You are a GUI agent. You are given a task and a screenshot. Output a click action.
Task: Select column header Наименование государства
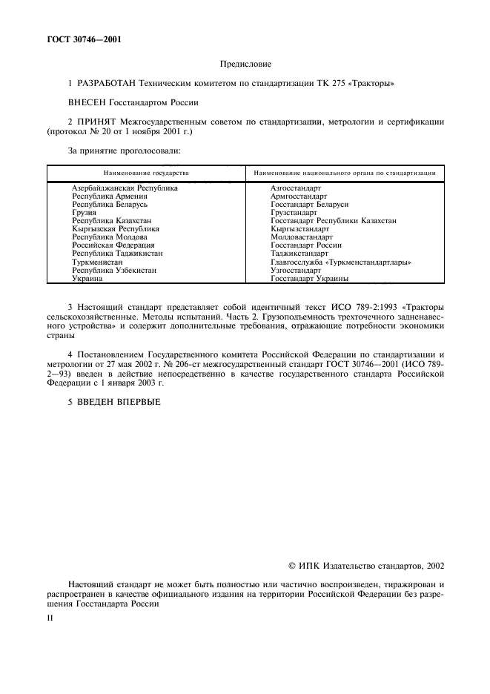click(x=146, y=173)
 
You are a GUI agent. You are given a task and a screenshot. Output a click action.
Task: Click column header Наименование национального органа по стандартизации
click(x=344, y=173)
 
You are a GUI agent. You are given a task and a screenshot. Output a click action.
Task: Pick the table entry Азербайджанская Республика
click(x=125, y=188)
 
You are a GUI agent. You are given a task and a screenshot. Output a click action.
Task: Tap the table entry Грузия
click(x=83, y=213)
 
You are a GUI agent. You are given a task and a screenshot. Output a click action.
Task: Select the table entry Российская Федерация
click(x=113, y=245)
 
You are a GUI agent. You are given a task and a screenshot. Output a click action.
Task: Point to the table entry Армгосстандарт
click(x=299, y=196)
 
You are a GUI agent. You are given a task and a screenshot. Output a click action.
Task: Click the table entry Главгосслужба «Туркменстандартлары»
click(x=341, y=262)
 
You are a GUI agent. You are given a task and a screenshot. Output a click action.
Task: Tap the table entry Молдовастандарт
click(x=302, y=237)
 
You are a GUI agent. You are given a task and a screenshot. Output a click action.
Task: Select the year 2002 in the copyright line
click(x=434, y=566)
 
